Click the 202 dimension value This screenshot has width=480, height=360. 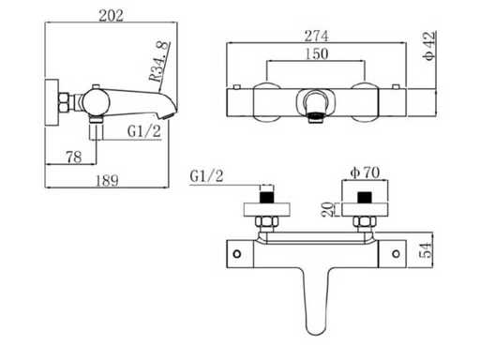click(111, 15)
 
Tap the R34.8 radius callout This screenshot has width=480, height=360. click(159, 61)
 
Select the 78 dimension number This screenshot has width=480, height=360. click(74, 157)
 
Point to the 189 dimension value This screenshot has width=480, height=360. click(107, 180)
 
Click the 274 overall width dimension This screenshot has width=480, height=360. click(316, 36)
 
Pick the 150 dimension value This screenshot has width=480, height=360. click(316, 53)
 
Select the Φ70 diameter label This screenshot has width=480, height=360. click(365, 172)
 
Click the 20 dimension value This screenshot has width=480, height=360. click(327, 209)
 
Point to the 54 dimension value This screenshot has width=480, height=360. click(426, 250)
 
